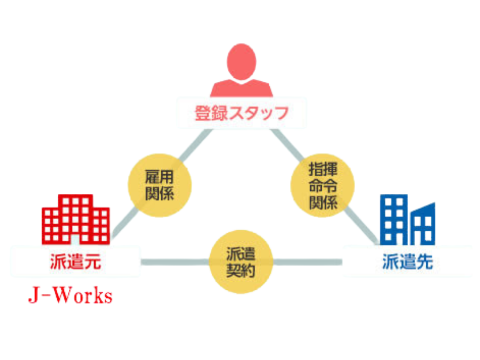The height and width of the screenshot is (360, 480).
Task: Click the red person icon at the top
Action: [241, 71]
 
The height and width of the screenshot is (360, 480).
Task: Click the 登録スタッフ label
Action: [241, 113]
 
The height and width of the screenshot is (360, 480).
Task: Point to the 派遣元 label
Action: [75, 262]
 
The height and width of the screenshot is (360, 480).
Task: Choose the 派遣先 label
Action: [407, 262]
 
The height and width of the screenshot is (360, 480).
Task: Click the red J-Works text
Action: [70, 296]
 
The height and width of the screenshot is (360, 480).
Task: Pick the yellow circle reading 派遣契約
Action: [241, 262]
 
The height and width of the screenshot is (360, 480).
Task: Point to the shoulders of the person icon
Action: [241, 88]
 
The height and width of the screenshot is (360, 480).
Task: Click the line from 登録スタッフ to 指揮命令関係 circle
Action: [286, 143]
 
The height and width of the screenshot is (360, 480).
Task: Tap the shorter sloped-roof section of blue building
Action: [424, 224]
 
